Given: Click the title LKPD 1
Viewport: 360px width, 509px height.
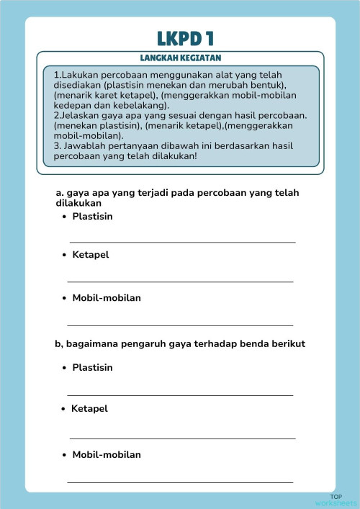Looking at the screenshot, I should pos(185,37).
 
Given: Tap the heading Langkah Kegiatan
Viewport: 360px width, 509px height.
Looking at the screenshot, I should pos(180,58).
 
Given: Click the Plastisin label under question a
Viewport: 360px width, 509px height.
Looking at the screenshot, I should pos(92,216).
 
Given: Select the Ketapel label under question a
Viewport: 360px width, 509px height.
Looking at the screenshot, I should pos(91,255).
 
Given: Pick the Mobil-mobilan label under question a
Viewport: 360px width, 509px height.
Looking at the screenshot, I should pos(107,297).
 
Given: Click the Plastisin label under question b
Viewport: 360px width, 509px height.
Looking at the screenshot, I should pos(92,367).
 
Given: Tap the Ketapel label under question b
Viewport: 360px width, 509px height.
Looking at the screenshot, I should pos(89,408).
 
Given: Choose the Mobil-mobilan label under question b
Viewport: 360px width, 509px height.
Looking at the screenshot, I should pos(107,454).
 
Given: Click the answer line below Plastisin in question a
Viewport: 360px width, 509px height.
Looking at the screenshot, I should pos(182,243).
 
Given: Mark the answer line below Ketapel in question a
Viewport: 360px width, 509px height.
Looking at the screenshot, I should pos(180,281).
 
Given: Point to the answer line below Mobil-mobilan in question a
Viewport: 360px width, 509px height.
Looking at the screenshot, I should pos(180,325).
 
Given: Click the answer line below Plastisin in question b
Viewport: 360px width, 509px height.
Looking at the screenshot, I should pos(180,395).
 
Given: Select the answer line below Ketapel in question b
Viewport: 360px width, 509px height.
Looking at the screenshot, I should pos(182,438).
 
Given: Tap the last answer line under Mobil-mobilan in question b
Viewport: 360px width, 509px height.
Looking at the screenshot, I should pos(180,482).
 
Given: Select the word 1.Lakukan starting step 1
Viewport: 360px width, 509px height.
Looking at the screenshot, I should pos(76,75).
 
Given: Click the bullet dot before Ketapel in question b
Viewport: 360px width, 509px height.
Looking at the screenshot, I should pos(64,409).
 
